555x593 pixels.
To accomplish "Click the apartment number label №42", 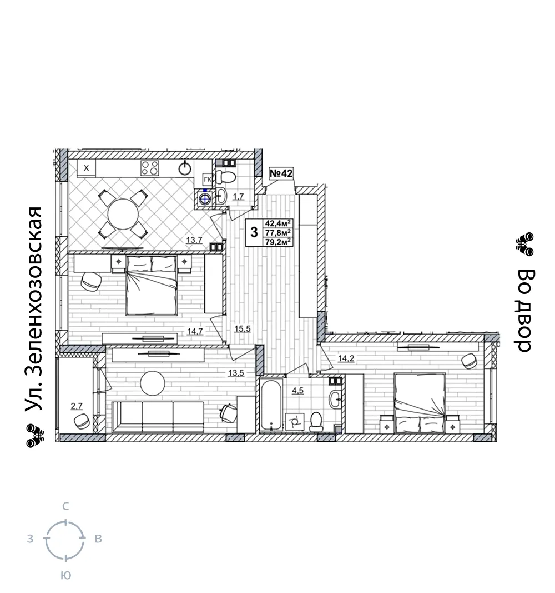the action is tap(281, 173).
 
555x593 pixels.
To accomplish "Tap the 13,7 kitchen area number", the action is tap(194, 240).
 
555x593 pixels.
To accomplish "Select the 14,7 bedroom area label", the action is tap(195, 332).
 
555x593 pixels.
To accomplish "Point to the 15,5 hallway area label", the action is tap(243, 329).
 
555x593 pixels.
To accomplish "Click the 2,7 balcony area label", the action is tap(77, 407).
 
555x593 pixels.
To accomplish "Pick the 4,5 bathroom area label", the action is tap(297, 391).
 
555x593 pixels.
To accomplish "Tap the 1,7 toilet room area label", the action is tap(238, 197).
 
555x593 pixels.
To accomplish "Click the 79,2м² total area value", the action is tap(278, 242).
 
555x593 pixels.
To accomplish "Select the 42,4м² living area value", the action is tap(278, 223).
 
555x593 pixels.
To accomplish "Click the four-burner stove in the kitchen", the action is tap(150, 168).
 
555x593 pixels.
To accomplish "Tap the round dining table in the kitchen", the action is tap(123, 214).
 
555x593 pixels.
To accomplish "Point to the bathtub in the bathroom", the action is tap(271, 405).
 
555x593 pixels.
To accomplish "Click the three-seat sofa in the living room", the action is tap(158, 416).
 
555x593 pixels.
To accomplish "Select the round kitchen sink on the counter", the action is tap(185, 168).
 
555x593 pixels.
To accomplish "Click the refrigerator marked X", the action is tap(87, 168).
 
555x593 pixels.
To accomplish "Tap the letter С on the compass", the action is tap(65, 506).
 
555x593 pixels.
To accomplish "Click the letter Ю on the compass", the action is tap(65, 576).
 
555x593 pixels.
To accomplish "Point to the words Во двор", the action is tap(525, 310).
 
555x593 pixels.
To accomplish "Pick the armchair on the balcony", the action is tap(82, 421).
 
